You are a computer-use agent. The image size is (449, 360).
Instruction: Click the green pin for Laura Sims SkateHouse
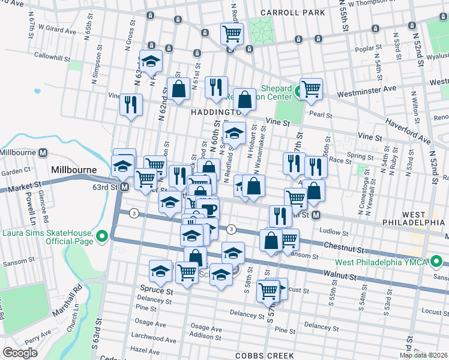[101, 237]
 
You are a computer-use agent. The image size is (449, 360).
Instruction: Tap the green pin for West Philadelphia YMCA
[438, 262]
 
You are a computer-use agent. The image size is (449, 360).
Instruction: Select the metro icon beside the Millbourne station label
[43, 152]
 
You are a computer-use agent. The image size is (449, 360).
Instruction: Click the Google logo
[20, 352]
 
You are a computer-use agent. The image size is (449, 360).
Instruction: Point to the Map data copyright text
[424, 355]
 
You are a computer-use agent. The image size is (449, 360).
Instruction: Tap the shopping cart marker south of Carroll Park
[232, 34]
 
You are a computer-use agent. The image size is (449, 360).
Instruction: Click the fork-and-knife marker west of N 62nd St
[130, 104]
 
